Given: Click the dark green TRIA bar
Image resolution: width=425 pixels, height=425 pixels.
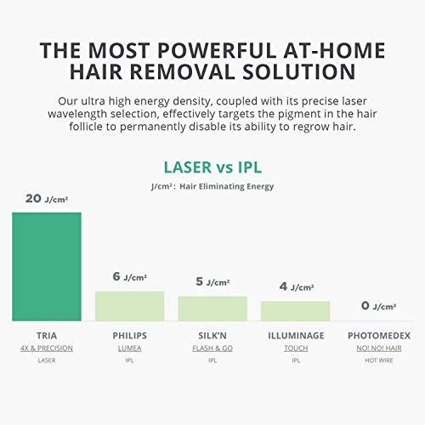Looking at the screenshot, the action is tap(47, 267).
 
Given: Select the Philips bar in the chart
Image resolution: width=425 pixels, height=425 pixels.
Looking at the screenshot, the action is tap(130, 306).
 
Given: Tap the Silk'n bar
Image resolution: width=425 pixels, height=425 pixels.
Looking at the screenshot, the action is tap(212, 309).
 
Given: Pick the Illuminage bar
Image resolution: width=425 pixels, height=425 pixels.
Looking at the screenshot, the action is tap(296, 311).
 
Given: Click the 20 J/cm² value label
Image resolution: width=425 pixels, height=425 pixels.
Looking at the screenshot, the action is tap(47, 199).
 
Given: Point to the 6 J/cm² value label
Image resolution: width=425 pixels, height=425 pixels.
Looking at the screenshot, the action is tap(130, 276).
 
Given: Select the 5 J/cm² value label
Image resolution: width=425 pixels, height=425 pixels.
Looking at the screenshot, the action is tap(212, 281).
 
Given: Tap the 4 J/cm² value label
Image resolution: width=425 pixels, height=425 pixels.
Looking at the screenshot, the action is tap(297, 286).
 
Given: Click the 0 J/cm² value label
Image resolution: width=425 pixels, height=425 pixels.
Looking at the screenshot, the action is tap(378, 306).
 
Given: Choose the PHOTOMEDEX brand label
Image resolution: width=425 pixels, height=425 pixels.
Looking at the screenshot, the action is tap(379, 336).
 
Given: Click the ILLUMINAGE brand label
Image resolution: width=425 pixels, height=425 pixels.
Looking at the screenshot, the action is tap(296, 336).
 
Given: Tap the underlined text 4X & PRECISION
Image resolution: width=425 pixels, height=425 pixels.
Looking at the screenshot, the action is tap(47, 348).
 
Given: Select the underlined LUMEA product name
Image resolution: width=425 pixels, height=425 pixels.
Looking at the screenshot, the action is tap(130, 348).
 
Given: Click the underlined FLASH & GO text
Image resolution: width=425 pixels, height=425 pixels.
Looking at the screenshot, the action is tap(212, 348).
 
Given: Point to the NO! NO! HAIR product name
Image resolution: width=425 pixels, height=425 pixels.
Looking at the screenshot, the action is tap(379, 348).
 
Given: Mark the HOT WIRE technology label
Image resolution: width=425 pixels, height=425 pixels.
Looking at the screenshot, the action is tap(379, 360).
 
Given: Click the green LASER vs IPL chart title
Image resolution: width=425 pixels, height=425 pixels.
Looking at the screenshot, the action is tap(212, 167).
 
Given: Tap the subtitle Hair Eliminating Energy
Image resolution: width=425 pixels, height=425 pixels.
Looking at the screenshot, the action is tap(227, 186).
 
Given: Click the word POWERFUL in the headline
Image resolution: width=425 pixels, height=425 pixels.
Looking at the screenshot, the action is tap(217, 50).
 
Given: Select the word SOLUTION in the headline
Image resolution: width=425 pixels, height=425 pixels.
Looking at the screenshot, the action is tap(299, 71).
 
